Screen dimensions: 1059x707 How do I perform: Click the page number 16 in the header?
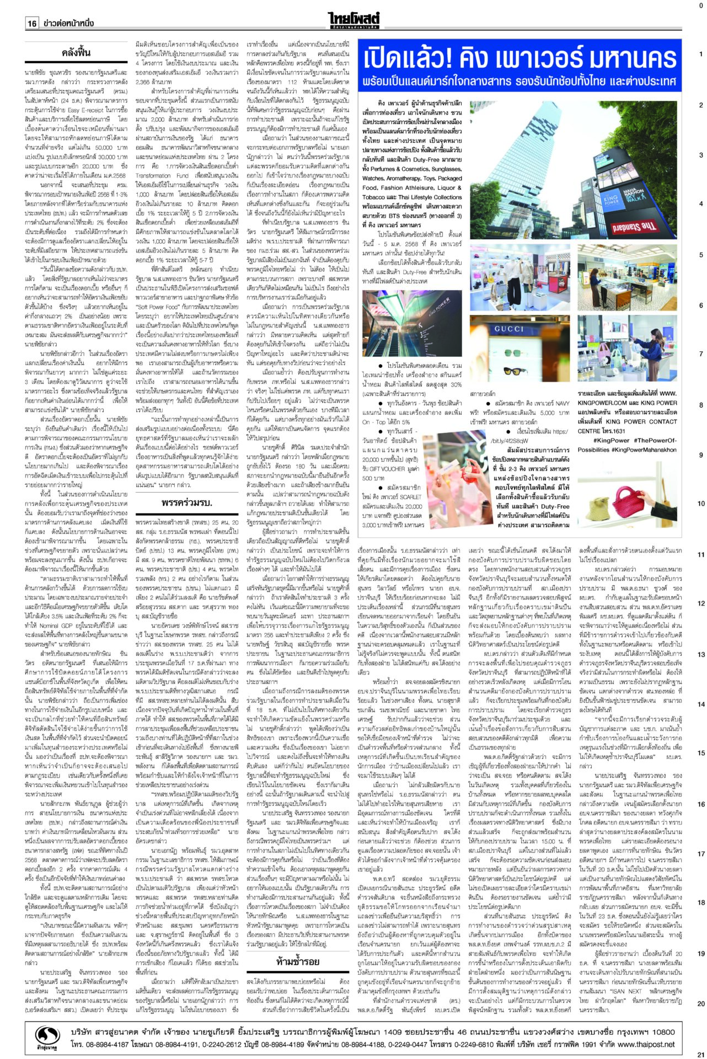tap(32, 24)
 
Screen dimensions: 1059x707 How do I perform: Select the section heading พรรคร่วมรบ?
tap(187, 502)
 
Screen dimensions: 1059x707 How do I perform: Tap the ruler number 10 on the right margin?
tap(701, 504)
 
